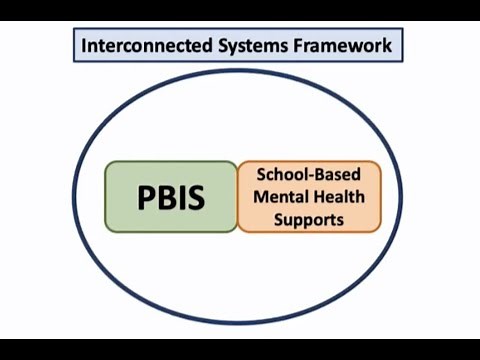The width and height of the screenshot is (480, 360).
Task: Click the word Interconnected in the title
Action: tap(139, 45)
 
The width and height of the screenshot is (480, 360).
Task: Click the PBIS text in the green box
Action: tap(171, 197)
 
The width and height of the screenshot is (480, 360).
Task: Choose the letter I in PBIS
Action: tap(181, 197)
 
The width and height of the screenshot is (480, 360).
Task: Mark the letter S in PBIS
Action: tap(195, 197)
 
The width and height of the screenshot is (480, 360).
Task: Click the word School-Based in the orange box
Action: tap(309, 176)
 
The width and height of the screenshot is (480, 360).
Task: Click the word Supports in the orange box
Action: tap(309, 217)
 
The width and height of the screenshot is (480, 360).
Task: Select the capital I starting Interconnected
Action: tap(83, 45)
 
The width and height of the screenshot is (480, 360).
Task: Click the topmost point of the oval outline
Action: tap(240, 69)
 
